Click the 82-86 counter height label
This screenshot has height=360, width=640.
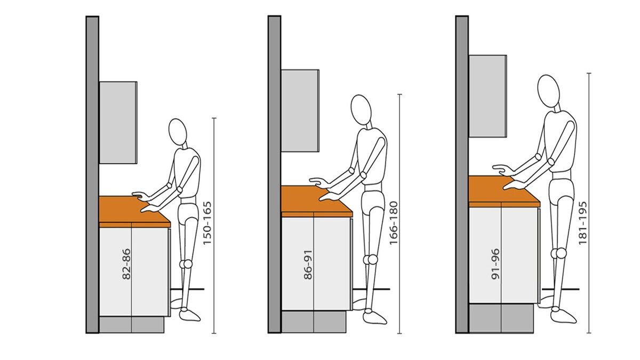click(x=126, y=263)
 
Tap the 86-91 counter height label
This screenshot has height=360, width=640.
click(x=308, y=265)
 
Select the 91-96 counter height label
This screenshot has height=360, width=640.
click(x=495, y=263)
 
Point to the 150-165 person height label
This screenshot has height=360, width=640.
click(x=207, y=223)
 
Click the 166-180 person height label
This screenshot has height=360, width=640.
click(x=394, y=223)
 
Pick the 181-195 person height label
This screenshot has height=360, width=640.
click(x=582, y=223)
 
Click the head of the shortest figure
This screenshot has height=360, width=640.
click(x=178, y=132)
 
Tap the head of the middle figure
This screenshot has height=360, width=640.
click(x=361, y=110)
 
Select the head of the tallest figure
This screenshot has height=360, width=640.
click(x=548, y=91)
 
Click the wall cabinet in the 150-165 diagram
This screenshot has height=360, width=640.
click(x=118, y=123)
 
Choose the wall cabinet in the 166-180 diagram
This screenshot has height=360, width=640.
click(x=300, y=110)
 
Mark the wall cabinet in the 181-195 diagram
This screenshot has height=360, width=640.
click(x=487, y=96)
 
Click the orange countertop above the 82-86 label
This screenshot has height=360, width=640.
click(x=134, y=212)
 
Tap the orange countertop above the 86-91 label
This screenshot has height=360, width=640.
click(x=317, y=202)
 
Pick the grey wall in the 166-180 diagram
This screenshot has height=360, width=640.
click(x=274, y=174)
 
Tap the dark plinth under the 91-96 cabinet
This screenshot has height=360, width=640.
click(x=501, y=318)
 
